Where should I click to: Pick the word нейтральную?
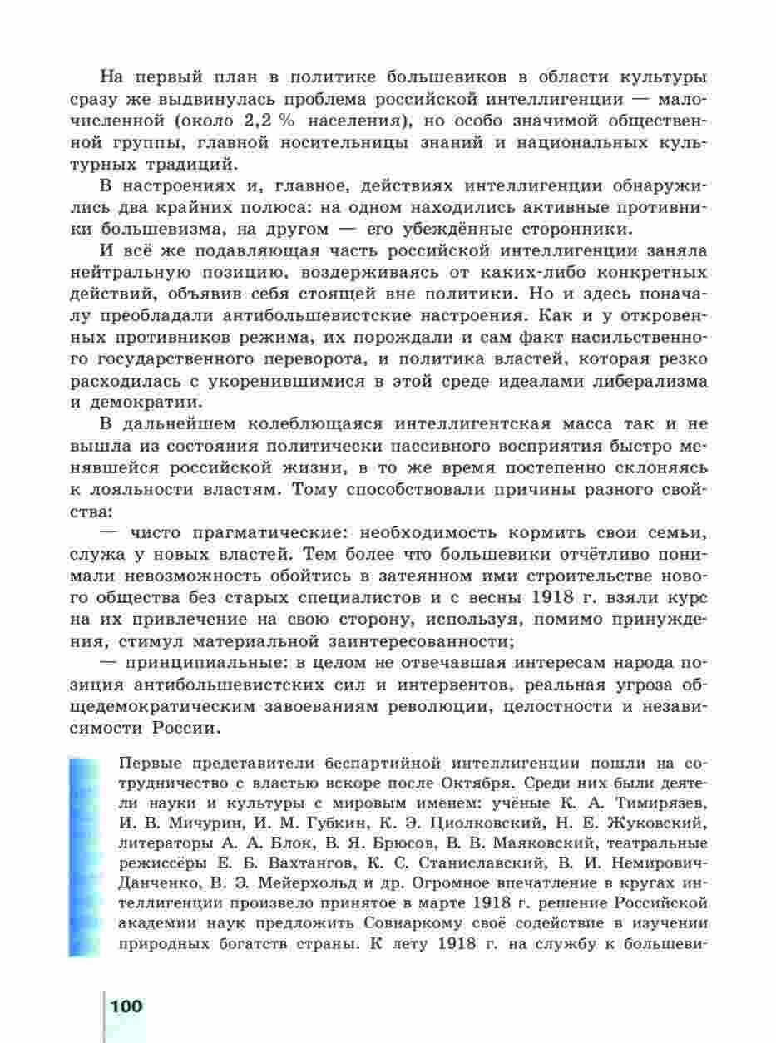[161, 272]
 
